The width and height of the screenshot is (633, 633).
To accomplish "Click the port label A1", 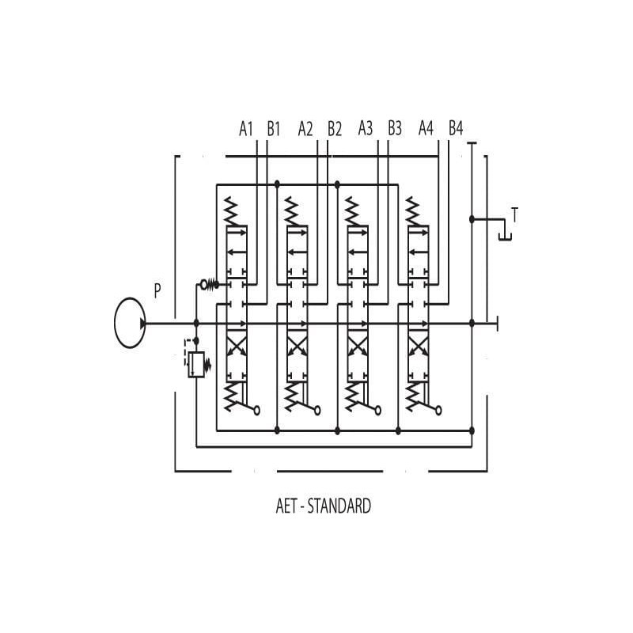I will coord(246,128).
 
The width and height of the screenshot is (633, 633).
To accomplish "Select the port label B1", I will coord(273,128).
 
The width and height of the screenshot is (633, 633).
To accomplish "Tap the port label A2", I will coord(306,128).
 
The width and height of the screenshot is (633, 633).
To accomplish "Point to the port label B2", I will coord(334,128).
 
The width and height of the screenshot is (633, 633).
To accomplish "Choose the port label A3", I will coord(366,128).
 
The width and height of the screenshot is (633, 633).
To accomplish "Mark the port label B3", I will coord(394,128).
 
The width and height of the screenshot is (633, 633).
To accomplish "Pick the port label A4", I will coord(426,128).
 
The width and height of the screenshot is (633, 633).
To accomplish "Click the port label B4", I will coord(455,128).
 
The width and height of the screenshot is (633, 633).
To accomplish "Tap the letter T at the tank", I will coord(514,214).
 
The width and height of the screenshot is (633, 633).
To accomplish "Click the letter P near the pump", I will coord(157,290).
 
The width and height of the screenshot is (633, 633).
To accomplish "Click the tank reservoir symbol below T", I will coord(504,232).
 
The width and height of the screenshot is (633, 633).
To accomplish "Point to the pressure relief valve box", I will coord(196,364).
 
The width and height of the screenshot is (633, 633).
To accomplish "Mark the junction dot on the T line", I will coord(472,219).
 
